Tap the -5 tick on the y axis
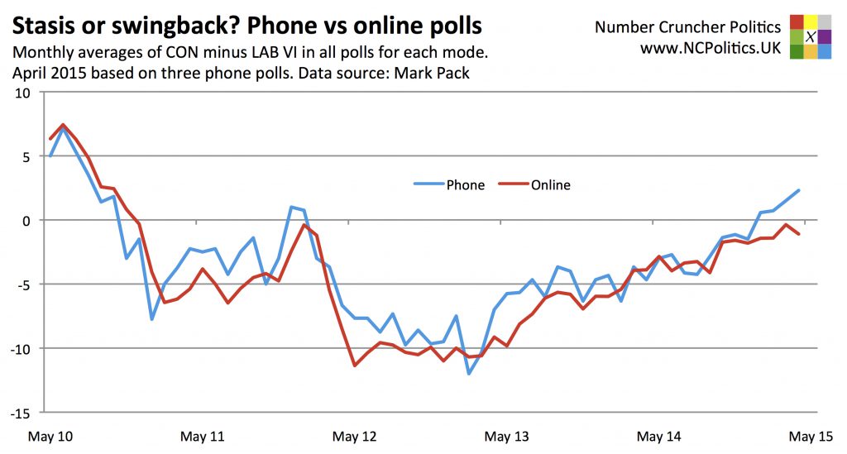[23, 284]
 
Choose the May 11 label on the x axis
[203, 435]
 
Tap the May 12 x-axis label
[355, 435]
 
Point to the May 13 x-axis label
[507, 435]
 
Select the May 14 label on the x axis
[659, 435]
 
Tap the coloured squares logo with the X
[811, 36]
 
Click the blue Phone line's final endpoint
[799, 190]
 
